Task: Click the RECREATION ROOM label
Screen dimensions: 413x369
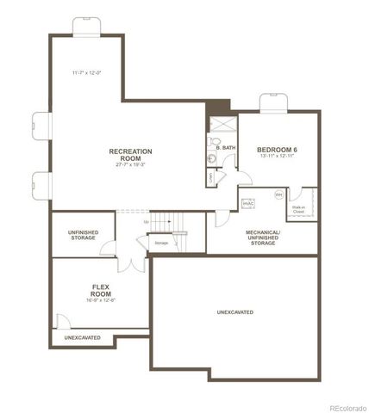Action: click(x=130, y=154)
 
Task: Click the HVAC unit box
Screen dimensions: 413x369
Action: click(x=249, y=204)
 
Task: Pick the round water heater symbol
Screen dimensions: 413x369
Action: click(x=278, y=195)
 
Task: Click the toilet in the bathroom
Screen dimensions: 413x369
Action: click(x=216, y=140)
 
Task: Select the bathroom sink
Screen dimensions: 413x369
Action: click(x=212, y=160)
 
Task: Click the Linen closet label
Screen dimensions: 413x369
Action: click(x=210, y=177)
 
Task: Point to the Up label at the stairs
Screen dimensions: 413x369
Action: click(x=147, y=223)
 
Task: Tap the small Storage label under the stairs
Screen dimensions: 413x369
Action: click(x=161, y=243)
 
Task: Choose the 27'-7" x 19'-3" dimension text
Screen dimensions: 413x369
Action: click(x=130, y=166)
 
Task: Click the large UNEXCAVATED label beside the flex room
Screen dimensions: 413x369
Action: click(x=235, y=312)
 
